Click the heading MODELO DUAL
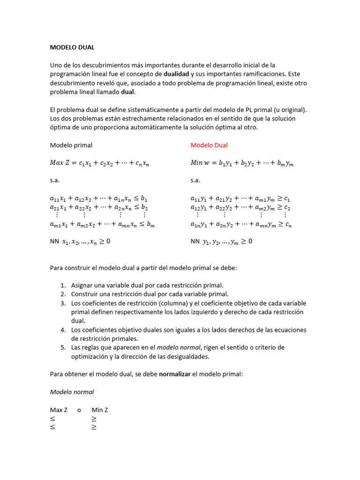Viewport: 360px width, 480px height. (72, 47)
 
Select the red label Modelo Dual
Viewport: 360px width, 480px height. (209, 145)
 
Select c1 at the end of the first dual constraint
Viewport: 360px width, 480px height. (287, 199)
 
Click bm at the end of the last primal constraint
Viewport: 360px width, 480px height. (150, 225)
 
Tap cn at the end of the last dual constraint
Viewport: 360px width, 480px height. (288, 225)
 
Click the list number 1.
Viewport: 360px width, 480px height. (63, 285)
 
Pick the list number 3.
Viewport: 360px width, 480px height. (63, 303)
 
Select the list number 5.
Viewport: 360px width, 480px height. (63, 347)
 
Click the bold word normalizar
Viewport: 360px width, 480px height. (175, 374)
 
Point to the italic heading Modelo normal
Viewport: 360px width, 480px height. (72, 392)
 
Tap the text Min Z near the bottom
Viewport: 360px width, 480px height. (100, 410)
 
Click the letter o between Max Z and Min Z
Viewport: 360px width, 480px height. (79, 410)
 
